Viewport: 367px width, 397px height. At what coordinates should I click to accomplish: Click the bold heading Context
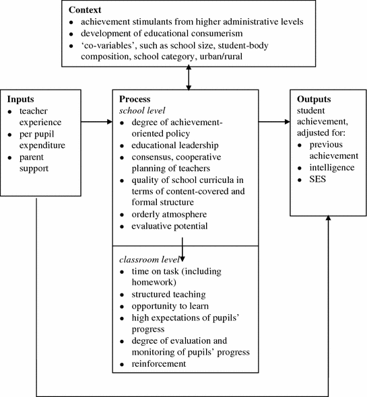[84, 9]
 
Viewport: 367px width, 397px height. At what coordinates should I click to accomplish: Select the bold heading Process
[131, 99]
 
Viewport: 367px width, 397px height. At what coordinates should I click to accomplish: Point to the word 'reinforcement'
[156, 364]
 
